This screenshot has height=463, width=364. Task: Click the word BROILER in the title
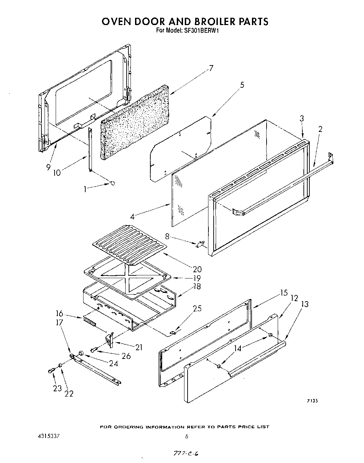[x=198, y=21]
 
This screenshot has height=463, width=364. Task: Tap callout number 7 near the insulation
[x=211, y=68]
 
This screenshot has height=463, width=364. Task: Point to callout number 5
[x=242, y=85]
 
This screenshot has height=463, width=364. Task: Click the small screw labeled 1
[x=112, y=183]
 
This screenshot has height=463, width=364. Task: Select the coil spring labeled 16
[x=89, y=322]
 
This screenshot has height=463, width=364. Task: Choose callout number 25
[x=197, y=308]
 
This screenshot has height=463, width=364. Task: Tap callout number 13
[x=304, y=304]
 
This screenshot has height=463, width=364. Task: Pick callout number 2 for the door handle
[x=320, y=129]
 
